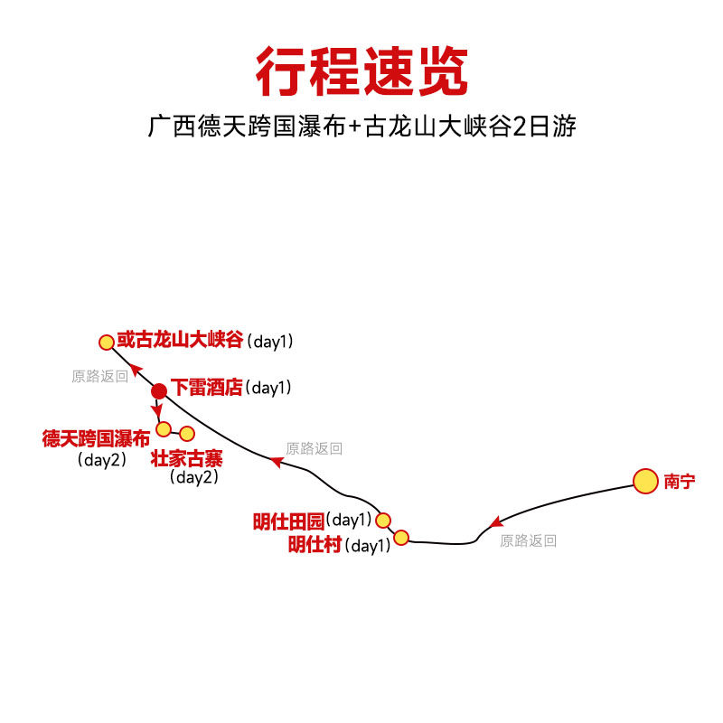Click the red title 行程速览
coord(361,71)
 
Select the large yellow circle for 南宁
coord(645,482)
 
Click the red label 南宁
coord(680,482)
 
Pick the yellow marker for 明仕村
coord(401,538)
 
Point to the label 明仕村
coord(315,545)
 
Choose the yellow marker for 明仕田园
coord(383,520)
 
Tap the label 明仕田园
coord(288,521)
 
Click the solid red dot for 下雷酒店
coord(159,391)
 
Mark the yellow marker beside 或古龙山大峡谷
coord(107,343)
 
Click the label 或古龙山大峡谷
coord(181,341)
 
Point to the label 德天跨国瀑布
coord(96,439)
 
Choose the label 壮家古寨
coord(187,457)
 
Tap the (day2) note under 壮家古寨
coord(194,478)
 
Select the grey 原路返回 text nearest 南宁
coord(528,541)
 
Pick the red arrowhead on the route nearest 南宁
coord(494,523)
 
